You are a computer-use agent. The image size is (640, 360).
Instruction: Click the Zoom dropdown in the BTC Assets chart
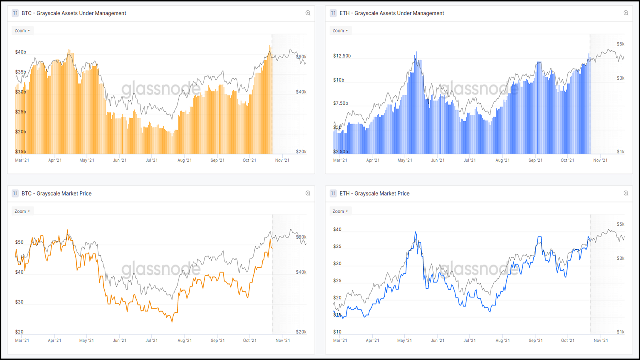tap(22, 31)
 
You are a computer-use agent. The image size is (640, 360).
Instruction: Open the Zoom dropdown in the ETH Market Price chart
tap(340, 211)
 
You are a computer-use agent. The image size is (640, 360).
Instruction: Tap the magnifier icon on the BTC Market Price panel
tap(308, 193)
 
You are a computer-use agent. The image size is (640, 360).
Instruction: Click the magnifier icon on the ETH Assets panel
tap(626, 13)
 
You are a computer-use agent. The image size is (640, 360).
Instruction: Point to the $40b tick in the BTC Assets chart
tap(20, 52)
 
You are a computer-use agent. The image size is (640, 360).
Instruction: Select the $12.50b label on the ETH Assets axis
tap(342, 56)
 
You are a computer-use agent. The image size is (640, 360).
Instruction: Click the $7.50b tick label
tap(341, 103)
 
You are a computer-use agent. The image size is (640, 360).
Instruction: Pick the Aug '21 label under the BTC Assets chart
tap(184, 160)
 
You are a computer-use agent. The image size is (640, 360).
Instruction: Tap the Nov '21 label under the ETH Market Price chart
tap(601, 341)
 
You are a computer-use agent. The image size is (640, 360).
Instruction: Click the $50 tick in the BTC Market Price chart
tap(19, 242)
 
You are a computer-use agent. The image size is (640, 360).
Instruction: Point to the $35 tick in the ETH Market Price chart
tap(337, 247)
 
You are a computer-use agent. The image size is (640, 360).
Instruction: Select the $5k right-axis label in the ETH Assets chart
tap(620, 44)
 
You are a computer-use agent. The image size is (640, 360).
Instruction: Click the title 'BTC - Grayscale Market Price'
tap(56, 193)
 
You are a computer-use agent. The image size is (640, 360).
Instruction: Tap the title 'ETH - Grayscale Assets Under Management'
tap(392, 13)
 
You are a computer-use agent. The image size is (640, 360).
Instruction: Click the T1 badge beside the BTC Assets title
tap(15, 13)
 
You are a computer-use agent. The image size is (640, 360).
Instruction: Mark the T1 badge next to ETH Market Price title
tap(333, 193)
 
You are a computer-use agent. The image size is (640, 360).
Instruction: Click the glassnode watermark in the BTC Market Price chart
tap(161, 269)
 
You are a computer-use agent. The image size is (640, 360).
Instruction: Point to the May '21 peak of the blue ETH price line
tap(415, 232)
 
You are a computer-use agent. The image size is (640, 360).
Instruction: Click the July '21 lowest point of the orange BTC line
tap(172, 322)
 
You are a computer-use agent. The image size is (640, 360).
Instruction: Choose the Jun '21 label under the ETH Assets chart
tap(438, 160)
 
